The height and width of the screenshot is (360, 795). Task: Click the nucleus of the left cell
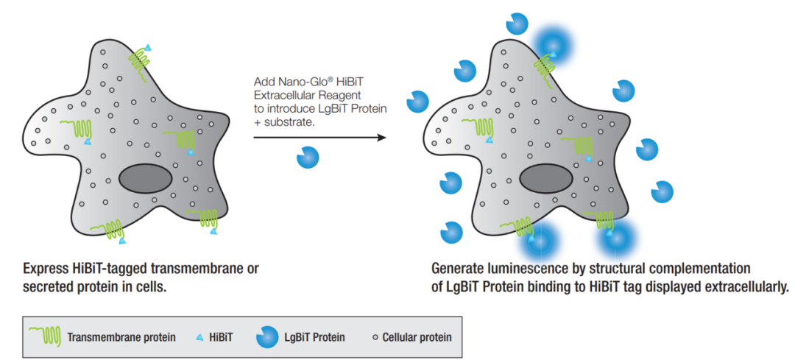(146, 179)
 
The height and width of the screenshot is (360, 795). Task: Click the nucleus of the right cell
(546, 179)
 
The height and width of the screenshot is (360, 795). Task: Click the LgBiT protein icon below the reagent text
(308, 157)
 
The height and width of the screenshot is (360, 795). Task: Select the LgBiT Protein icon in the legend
(266, 337)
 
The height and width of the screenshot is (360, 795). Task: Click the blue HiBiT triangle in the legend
(199, 337)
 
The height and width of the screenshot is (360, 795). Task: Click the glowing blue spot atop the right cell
(554, 45)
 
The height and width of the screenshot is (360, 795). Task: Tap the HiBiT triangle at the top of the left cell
(147, 48)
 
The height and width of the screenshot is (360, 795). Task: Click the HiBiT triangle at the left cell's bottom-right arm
(214, 232)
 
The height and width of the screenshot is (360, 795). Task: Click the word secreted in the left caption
(49, 286)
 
